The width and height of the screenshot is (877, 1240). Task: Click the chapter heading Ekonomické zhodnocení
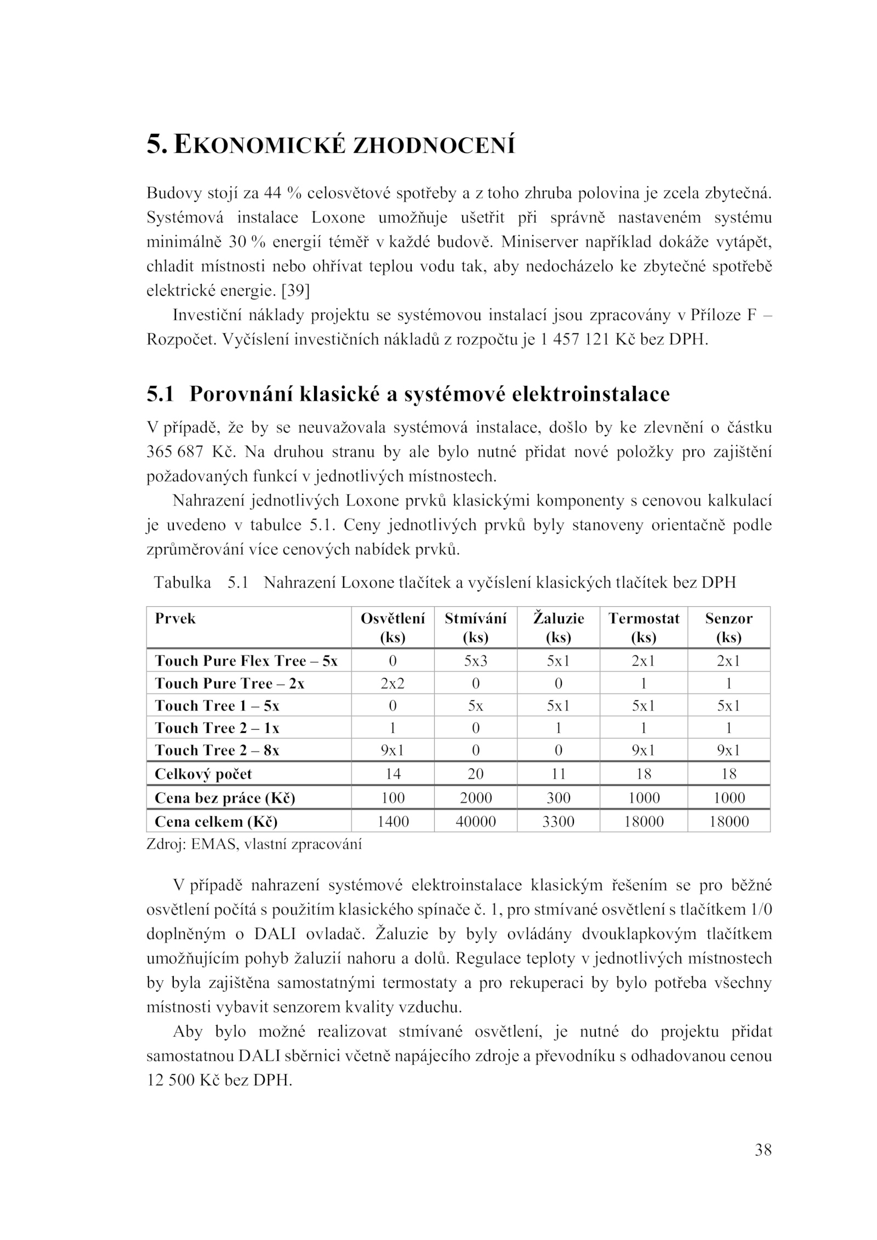(x=331, y=145)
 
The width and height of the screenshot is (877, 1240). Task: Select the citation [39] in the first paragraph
(x=295, y=291)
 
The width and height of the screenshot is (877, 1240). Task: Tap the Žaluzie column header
(x=558, y=627)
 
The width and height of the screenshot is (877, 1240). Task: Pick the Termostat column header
(x=643, y=627)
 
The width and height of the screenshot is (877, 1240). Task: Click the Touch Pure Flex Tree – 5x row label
(x=246, y=661)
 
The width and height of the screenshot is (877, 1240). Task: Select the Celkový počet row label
(x=203, y=774)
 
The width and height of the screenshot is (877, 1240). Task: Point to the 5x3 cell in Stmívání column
(x=475, y=661)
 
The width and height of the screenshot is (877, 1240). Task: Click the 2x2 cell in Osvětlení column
(x=392, y=684)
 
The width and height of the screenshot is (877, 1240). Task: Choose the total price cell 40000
(x=475, y=822)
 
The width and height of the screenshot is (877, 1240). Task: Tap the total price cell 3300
(x=558, y=822)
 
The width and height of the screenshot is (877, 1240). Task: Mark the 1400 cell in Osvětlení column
(x=392, y=822)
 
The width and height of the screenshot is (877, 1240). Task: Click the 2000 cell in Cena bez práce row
(x=475, y=798)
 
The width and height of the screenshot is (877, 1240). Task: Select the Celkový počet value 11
(x=558, y=774)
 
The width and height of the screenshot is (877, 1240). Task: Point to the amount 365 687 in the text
(x=174, y=452)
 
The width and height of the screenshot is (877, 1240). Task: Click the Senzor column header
(x=728, y=627)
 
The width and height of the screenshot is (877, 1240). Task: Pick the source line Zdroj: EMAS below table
(x=254, y=844)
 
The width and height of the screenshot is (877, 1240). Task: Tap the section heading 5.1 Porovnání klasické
(x=408, y=394)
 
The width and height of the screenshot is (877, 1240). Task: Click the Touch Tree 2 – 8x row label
(x=217, y=750)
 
